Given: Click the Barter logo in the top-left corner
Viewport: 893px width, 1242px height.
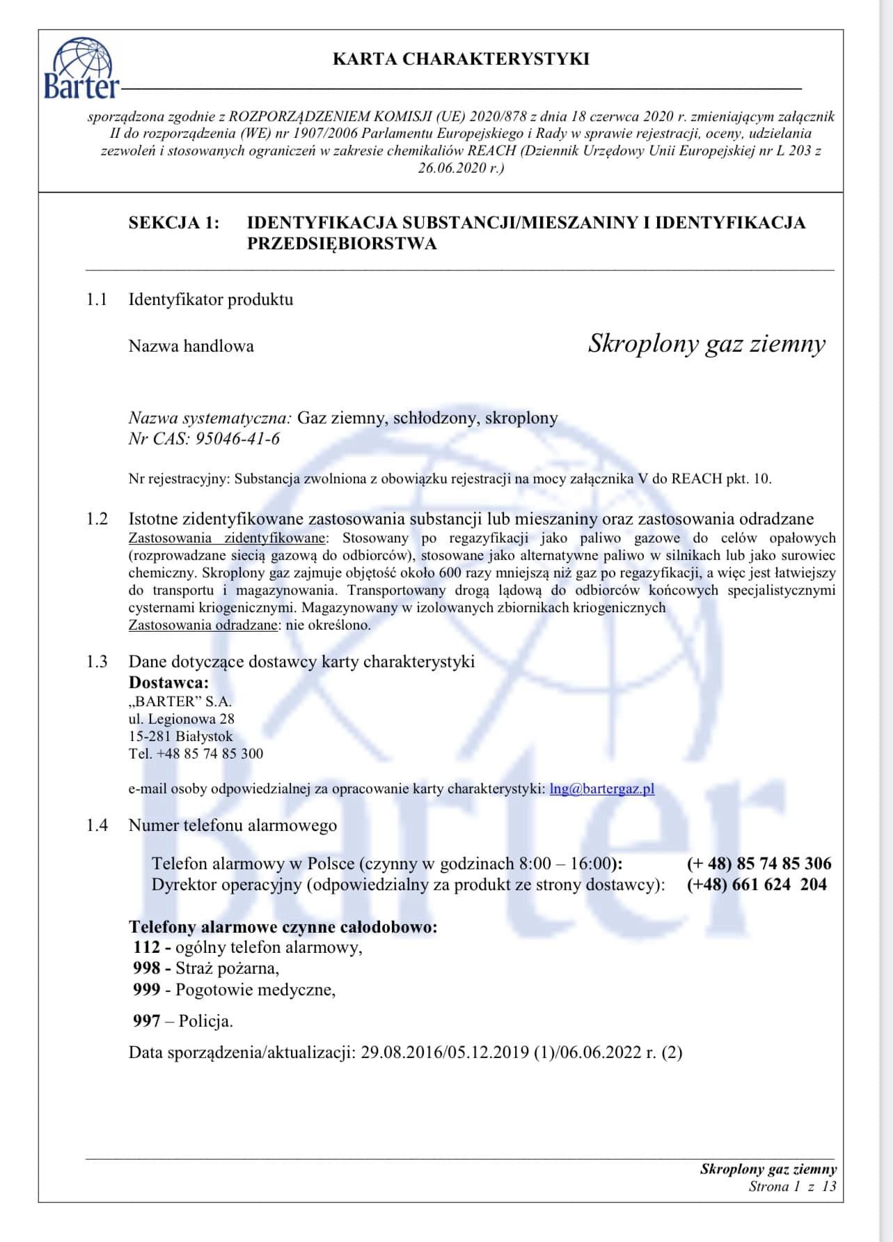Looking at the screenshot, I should tap(80, 68).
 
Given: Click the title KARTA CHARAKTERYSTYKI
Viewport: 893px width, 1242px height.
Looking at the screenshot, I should tap(461, 59).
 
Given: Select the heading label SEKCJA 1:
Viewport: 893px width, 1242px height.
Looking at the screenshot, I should tap(173, 223).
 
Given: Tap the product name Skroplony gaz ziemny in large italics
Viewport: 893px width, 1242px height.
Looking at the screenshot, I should tap(706, 343).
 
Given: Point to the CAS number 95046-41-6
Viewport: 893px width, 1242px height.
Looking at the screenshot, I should tap(238, 439).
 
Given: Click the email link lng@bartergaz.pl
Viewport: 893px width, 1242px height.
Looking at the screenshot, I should tap(601, 789).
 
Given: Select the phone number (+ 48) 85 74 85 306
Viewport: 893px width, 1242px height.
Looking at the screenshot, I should tap(759, 864).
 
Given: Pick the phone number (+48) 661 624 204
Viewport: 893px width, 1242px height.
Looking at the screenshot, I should tap(757, 885).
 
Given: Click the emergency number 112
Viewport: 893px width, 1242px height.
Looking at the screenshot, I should tap(147, 947).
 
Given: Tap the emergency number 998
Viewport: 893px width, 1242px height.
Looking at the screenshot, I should tap(147, 968).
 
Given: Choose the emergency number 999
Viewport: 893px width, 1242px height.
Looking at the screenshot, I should tap(147, 990).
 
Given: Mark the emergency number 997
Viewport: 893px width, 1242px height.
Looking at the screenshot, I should tap(147, 1021).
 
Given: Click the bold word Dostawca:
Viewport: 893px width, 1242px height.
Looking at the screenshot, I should tap(168, 683).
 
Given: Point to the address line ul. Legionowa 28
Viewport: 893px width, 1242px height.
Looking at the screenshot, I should tap(182, 719).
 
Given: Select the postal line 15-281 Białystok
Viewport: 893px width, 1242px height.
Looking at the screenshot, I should tap(181, 736).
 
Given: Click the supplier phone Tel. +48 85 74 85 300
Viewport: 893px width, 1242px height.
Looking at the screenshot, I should tap(196, 754).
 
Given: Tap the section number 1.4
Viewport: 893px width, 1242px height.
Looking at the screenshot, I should tap(97, 825).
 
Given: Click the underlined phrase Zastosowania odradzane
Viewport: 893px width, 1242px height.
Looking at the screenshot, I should tap(203, 625).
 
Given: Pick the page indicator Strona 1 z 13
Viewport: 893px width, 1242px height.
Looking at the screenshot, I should tap(792, 1186).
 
